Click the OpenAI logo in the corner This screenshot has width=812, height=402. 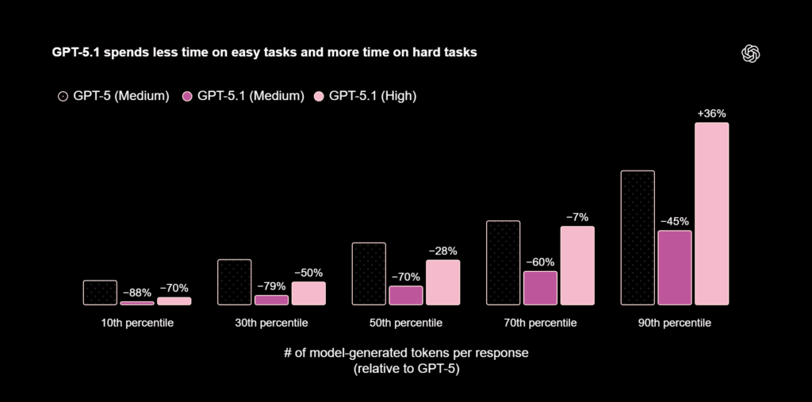pos(750,53)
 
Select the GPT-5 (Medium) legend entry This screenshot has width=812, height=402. pos(113,96)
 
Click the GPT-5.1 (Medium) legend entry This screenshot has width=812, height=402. pos(243,96)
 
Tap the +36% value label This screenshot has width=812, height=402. pos(711,113)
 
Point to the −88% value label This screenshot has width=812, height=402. pos(137,293)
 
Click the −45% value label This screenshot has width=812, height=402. pos(674,221)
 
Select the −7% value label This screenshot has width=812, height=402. pos(576,217)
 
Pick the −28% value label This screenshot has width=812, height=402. pos(442,251)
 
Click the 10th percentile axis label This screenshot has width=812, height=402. pos(137,324)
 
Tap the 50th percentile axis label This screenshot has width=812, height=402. pos(406,324)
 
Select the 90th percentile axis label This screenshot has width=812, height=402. pos(674,324)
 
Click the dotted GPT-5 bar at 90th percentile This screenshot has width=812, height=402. pos(638,237)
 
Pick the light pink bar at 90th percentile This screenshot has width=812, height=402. pos(711,213)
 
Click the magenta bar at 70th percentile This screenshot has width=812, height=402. pos(540,288)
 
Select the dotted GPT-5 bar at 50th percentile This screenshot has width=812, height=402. pos(369,274)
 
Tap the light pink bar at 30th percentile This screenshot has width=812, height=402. pos(308,293)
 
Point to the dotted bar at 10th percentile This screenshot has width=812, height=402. pos(100,293)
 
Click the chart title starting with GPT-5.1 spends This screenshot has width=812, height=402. pos(264,53)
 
